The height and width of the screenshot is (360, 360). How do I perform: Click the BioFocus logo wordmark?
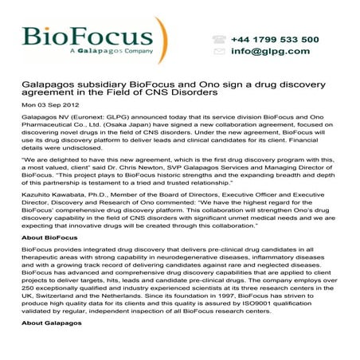click(88, 35)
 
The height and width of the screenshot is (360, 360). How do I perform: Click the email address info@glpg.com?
click(272, 52)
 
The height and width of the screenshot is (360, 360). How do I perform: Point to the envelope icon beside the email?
click(218, 52)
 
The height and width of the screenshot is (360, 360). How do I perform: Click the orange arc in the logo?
click(162, 40)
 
